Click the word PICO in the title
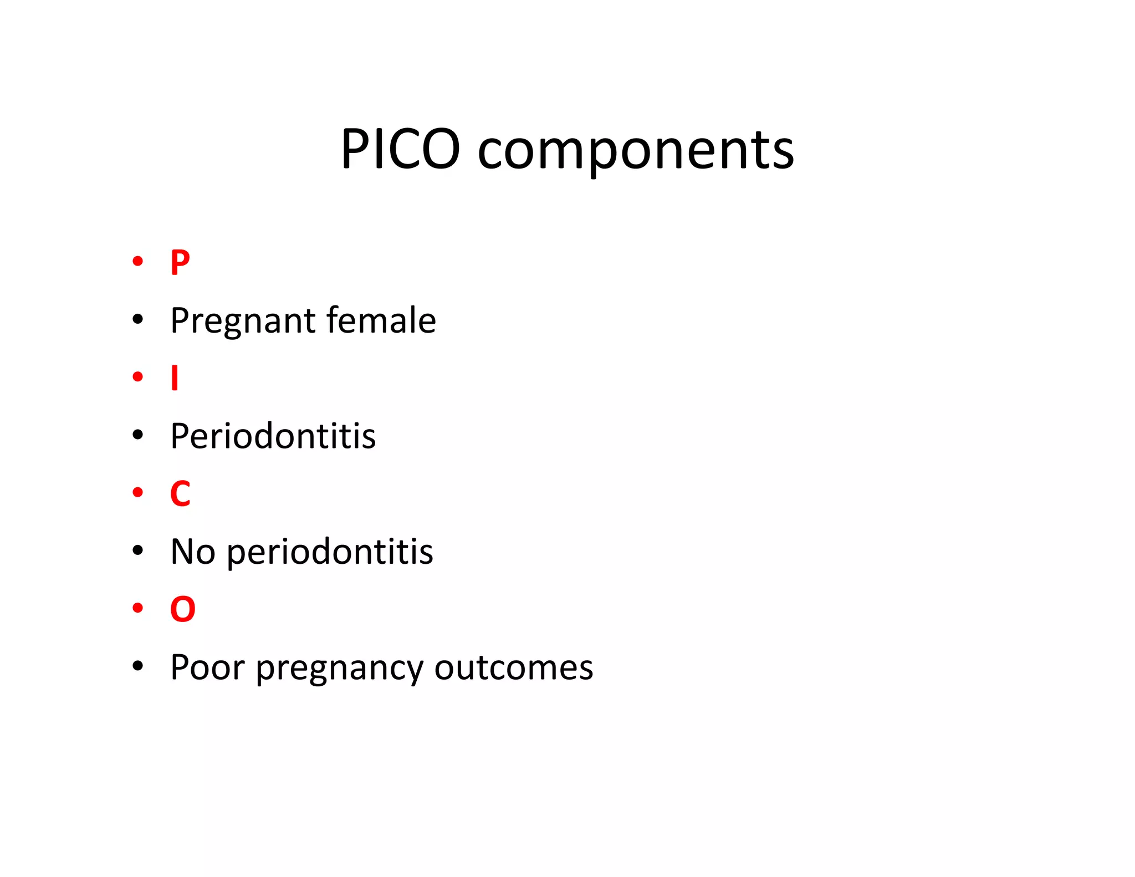click(400, 149)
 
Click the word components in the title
click(636, 151)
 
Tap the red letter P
click(180, 262)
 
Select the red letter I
click(175, 378)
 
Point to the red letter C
click(180, 493)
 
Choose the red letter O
click(183, 609)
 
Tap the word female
click(381, 320)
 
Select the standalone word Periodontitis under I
click(273, 436)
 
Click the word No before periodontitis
click(193, 552)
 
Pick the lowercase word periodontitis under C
click(330, 553)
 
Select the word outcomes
click(514, 667)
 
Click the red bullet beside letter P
click(138, 261)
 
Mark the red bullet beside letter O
click(138, 608)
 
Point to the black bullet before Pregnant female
click(138, 319)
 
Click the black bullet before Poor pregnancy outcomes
click(138, 666)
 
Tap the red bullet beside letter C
click(138, 492)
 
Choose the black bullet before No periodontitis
click(138, 550)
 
